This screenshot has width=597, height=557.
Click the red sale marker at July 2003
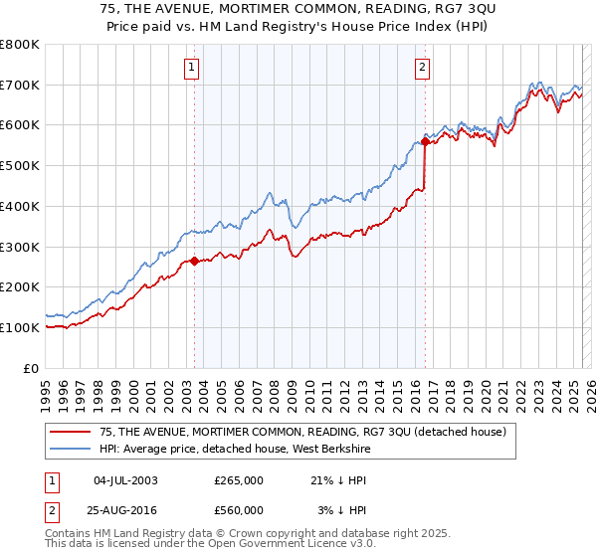(x=194, y=262)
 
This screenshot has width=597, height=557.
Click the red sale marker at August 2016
(x=425, y=142)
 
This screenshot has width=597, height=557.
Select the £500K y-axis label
(x=20, y=166)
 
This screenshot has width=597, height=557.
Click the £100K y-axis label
(x=20, y=327)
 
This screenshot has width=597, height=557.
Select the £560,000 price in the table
(x=239, y=509)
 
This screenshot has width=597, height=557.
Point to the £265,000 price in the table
(x=239, y=479)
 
